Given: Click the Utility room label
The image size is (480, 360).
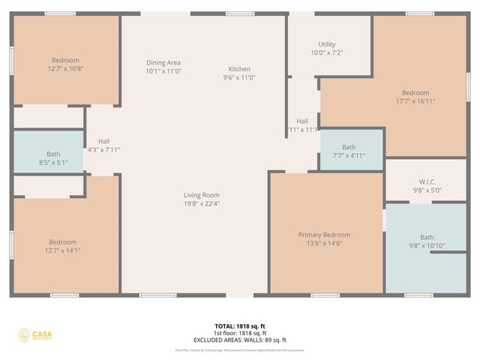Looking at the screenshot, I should click(x=327, y=44).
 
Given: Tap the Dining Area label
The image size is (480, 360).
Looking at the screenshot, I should click(x=163, y=63).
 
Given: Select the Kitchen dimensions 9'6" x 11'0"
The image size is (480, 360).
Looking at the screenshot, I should click(x=239, y=78).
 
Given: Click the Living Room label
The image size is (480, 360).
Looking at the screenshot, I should click(x=201, y=195).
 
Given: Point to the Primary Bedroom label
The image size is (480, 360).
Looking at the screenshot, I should click(x=324, y=235).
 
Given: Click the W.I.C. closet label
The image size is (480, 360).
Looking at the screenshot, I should click(x=426, y=181).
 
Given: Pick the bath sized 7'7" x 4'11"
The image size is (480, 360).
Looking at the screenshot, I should click(x=349, y=151).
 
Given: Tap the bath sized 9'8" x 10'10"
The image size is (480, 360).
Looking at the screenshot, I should click(x=426, y=241).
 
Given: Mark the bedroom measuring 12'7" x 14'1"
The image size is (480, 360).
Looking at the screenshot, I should click(x=62, y=246).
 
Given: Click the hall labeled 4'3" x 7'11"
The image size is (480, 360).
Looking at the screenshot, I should click(x=103, y=145).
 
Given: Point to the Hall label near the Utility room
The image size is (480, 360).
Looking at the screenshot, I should click(x=302, y=121).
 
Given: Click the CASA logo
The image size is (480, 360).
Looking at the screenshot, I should click(x=36, y=335).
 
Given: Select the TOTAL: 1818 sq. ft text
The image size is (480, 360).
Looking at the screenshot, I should click(x=239, y=326).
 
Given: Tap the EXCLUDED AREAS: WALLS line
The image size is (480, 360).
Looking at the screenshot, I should click(x=239, y=340).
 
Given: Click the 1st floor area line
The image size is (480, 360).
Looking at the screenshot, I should click(x=239, y=333).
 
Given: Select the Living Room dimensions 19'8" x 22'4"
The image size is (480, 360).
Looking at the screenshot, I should click(x=201, y=204).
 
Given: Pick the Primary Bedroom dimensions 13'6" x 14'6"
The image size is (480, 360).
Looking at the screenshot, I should click(x=324, y=244).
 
